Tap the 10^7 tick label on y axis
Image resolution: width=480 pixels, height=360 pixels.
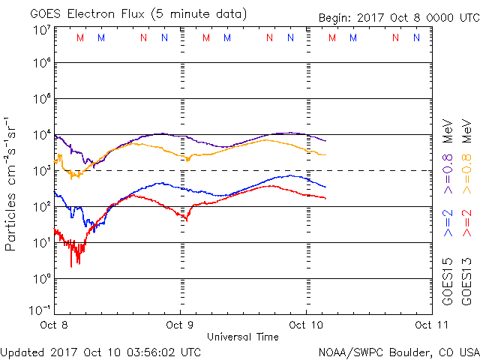pyautogui.click(x=41, y=30)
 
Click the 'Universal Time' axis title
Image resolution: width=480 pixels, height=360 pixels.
pyautogui.click(x=242, y=337)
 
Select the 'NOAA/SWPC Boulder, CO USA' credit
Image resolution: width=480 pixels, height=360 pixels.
pyautogui.click(x=398, y=351)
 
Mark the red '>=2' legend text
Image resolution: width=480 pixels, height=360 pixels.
pyautogui.click(x=466, y=223)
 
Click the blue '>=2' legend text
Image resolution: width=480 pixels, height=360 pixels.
pyautogui.click(x=448, y=223)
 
